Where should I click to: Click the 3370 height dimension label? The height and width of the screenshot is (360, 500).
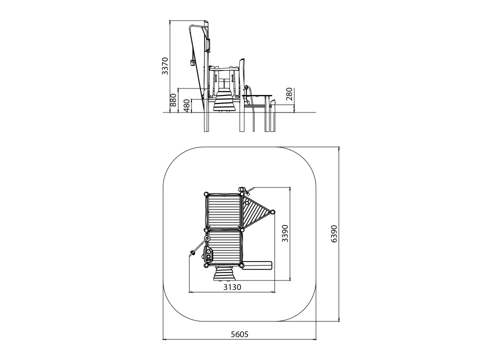(164, 66)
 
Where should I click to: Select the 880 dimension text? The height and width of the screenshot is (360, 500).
(173, 100)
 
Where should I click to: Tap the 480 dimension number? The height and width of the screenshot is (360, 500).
(187, 105)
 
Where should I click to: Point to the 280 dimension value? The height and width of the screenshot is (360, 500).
(289, 94)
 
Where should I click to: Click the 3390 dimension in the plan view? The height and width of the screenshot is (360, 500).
(285, 233)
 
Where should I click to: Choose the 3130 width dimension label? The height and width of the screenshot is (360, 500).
(232, 287)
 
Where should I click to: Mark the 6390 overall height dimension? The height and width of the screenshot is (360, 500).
(334, 233)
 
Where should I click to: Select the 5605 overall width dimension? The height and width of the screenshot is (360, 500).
(239, 334)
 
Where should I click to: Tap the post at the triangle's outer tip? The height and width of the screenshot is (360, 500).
(272, 212)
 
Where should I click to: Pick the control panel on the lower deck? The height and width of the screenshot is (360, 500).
(208, 254)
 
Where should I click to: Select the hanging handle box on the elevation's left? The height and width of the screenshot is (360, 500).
(192, 63)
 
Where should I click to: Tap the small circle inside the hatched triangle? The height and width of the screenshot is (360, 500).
(247, 202)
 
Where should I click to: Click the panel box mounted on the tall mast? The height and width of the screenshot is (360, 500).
(209, 44)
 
